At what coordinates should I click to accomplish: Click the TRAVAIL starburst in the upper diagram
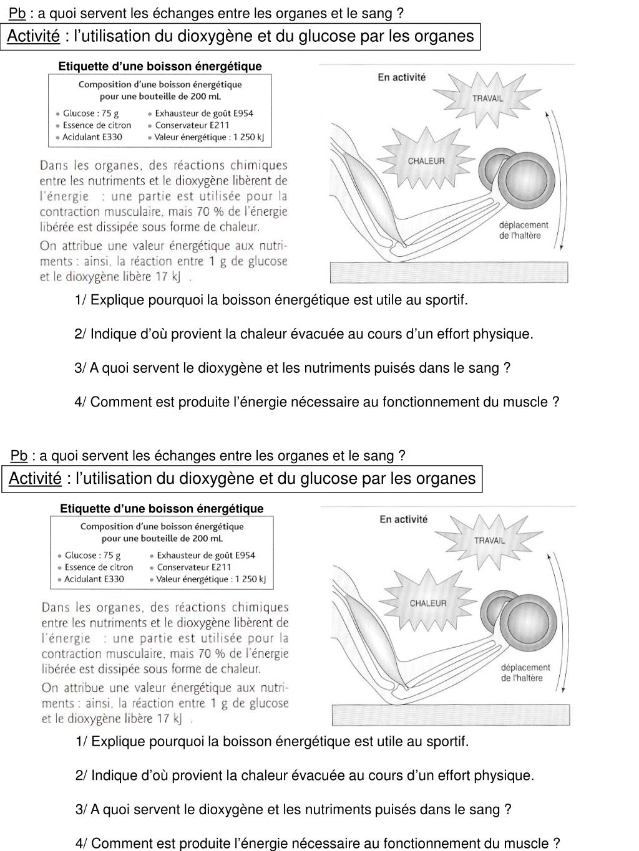(x=487, y=97)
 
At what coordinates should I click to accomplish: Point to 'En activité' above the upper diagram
(x=402, y=77)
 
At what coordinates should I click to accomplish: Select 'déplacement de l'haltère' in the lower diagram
(x=525, y=673)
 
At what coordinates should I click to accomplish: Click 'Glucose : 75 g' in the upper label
(x=91, y=113)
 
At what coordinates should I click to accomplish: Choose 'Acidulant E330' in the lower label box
(x=94, y=579)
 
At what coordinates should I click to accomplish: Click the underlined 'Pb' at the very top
(x=17, y=13)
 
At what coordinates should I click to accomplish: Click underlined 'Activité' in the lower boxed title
(x=35, y=479)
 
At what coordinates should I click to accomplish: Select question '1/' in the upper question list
(x=81, y=300)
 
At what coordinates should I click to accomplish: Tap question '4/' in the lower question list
(x=82, y=844)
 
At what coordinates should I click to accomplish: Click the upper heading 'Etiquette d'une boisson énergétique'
(x=160, y=66)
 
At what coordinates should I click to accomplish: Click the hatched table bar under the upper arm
(x=449, y=272)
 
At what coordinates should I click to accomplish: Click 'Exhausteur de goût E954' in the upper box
(x=204, y=113)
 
